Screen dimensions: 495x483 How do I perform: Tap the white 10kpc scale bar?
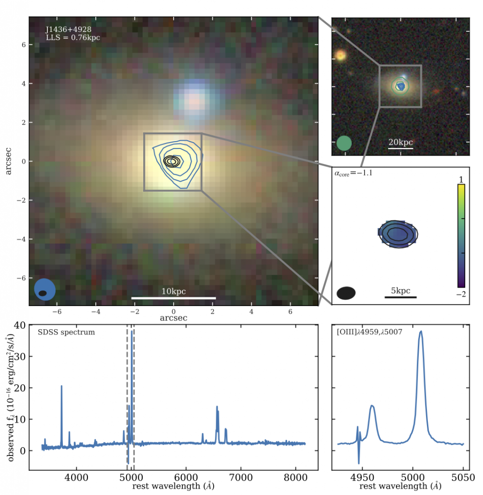tap(174, 297)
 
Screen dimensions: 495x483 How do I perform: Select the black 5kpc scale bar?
tap(400, 297)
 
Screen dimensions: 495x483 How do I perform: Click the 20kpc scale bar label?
tap(400, 142)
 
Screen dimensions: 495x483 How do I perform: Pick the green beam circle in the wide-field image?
tap(344, 143)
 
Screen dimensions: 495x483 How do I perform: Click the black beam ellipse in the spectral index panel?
tap(346, 292)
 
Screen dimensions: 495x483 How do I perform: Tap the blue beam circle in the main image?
tap(45, 290)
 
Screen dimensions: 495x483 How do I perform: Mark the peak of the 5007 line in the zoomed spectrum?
tap(421, 332)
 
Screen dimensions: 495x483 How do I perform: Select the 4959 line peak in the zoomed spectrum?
tap(372, 406)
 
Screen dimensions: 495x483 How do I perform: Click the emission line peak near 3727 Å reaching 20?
tap(61, 386)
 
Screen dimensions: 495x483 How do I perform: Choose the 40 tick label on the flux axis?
tap(20, 325)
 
